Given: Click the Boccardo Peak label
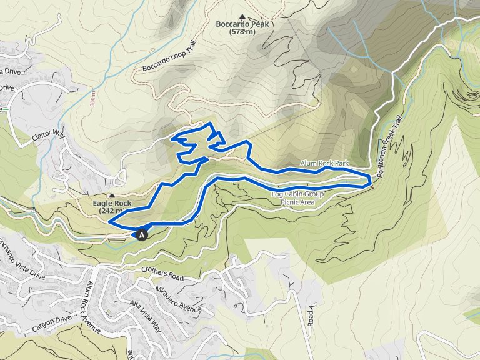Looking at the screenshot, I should click(242, 24).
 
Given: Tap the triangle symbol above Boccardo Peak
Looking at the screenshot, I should click(242, 16).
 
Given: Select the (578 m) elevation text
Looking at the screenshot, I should click(242, 32).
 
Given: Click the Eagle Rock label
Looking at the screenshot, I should click(112, 204).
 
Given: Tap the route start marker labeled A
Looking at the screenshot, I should click(142, 235).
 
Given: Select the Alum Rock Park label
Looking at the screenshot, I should click(324, 163).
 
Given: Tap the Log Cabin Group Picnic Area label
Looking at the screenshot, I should click(297, 197).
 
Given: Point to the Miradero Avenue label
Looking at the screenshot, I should click(181, 298).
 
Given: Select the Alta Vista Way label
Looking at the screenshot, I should click(144, 316).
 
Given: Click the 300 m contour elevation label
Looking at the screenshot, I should click(92, 99).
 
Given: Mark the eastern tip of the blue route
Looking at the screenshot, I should click(371, 182).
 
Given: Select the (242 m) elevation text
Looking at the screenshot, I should click(112, 211).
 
